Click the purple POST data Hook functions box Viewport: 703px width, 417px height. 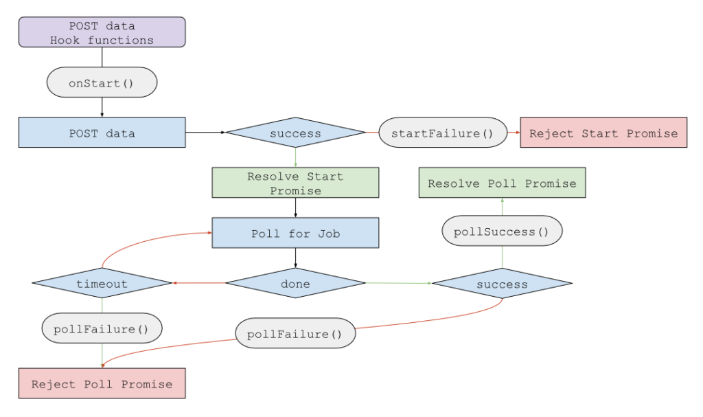(x=102, y=32)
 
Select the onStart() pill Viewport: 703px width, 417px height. (x=102, y=82)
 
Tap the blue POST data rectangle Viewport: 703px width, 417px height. (x=102, y=133)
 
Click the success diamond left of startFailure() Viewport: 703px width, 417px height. (x=295, y=133)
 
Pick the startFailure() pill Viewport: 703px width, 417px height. (x=443, y=133)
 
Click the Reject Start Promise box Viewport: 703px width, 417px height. (x=603, y=133)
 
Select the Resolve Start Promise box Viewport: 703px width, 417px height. (x=295, y=183)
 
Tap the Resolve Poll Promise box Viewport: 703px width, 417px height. (x=502, y=183)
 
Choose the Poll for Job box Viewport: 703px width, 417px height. (x=295, y=233)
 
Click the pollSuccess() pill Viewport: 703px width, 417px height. (x=502, y=231)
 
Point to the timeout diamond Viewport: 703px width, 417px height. (x=102, y=283)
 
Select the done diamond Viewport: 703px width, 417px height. (x=295, y=283)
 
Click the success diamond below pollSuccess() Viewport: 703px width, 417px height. (x=502, y=283)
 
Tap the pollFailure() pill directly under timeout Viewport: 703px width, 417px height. (x=102, y=328)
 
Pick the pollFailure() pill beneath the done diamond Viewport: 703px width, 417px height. (x=295, y=334)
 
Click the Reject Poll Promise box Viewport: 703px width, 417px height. (x=102, y=383)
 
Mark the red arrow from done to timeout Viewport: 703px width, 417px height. (x=199, y=282)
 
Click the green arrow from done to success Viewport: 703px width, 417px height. (x=398, y=282)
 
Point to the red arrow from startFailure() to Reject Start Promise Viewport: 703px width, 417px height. (x=514, y=133)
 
